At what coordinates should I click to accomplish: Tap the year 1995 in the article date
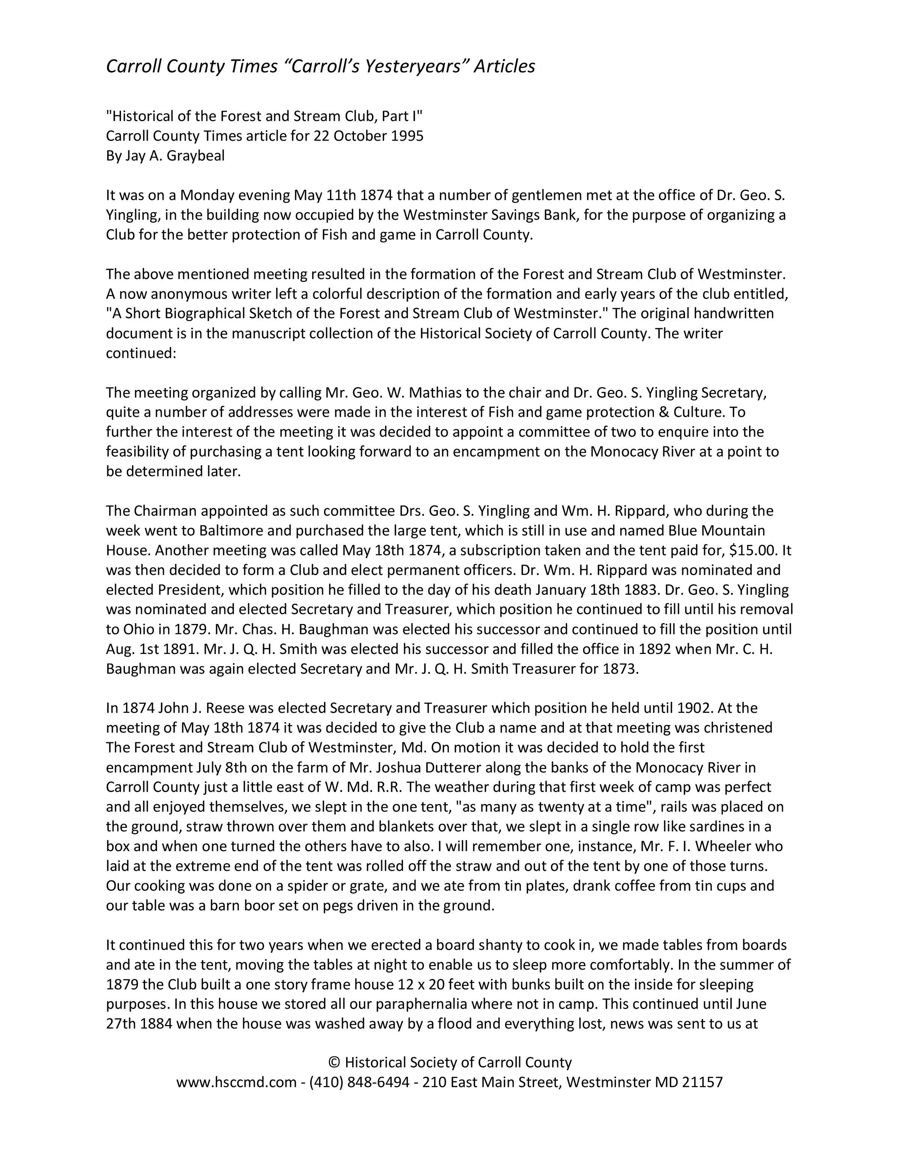click(407, 136)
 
